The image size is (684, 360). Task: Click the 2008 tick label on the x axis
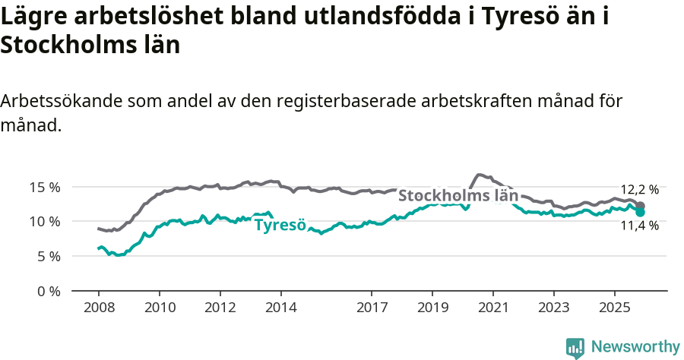(99, 309)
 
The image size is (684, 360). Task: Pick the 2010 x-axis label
(160, 309)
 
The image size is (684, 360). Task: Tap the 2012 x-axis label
(220, 309)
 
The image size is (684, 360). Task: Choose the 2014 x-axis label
(280, 309)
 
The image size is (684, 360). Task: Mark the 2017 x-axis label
(372, 309)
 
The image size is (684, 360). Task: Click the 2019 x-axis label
(432, 309)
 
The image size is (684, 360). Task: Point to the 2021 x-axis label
(493, 309)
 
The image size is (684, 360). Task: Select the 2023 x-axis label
(553, 309)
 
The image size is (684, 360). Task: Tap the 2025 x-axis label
(614, 309)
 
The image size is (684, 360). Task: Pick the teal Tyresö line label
(280, 226)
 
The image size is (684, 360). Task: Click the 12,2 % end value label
(639, 190)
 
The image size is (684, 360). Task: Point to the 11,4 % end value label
(639, 226)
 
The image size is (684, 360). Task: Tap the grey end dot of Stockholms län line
(640, 206)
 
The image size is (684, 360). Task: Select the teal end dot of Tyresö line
(640, 212)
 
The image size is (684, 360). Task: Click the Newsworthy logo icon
(575, 348)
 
